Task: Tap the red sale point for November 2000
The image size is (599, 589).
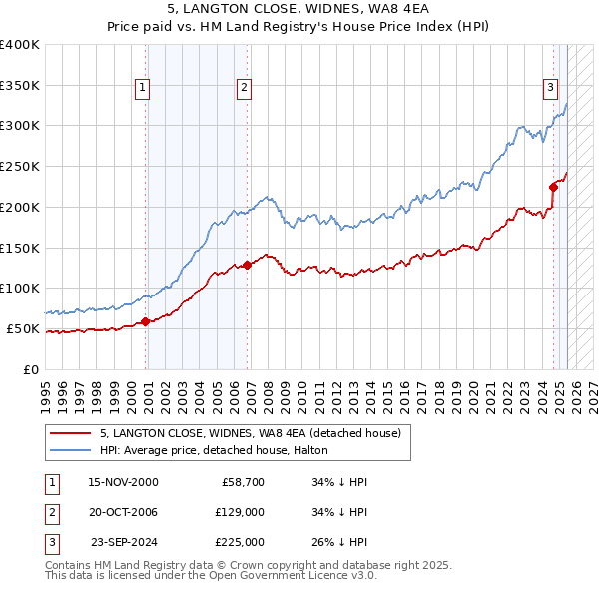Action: [146, 321]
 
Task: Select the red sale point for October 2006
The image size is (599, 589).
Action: [248, 265]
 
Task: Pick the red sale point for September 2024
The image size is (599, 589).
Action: [553, 186]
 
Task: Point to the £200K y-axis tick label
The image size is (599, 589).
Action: [20, 207]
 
